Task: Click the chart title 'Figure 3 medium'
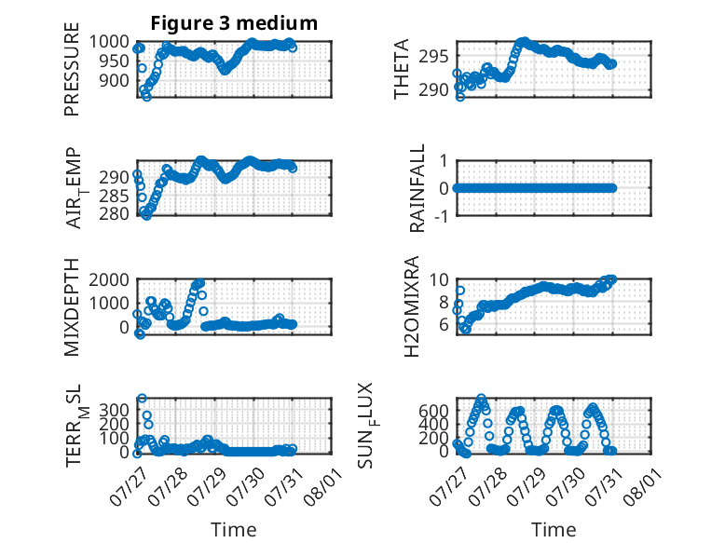tap(234, 23)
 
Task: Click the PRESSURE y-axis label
tap(72, 69)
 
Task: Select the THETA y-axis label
tap(402, 69)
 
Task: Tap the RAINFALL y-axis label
tap(417, 188)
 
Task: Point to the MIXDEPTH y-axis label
tap(72, 307)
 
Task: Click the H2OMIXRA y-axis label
tap(411, 306)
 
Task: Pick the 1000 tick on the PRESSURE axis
tap(109, 42)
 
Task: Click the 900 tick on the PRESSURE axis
tap(115, 80)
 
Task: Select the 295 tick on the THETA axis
tap(433, 57)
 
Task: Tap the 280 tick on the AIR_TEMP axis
tap(115, 214)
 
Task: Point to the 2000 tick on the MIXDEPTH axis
tap(109, 279)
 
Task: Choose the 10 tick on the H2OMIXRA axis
tap(439, 279)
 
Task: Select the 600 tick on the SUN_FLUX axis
tap(433, 410)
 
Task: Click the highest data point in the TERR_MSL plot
tap(142, 398)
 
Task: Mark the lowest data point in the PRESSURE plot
tap(146, 97)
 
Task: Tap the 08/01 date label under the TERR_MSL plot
tap(323, 486)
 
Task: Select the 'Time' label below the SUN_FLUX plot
tap(554, 529)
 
